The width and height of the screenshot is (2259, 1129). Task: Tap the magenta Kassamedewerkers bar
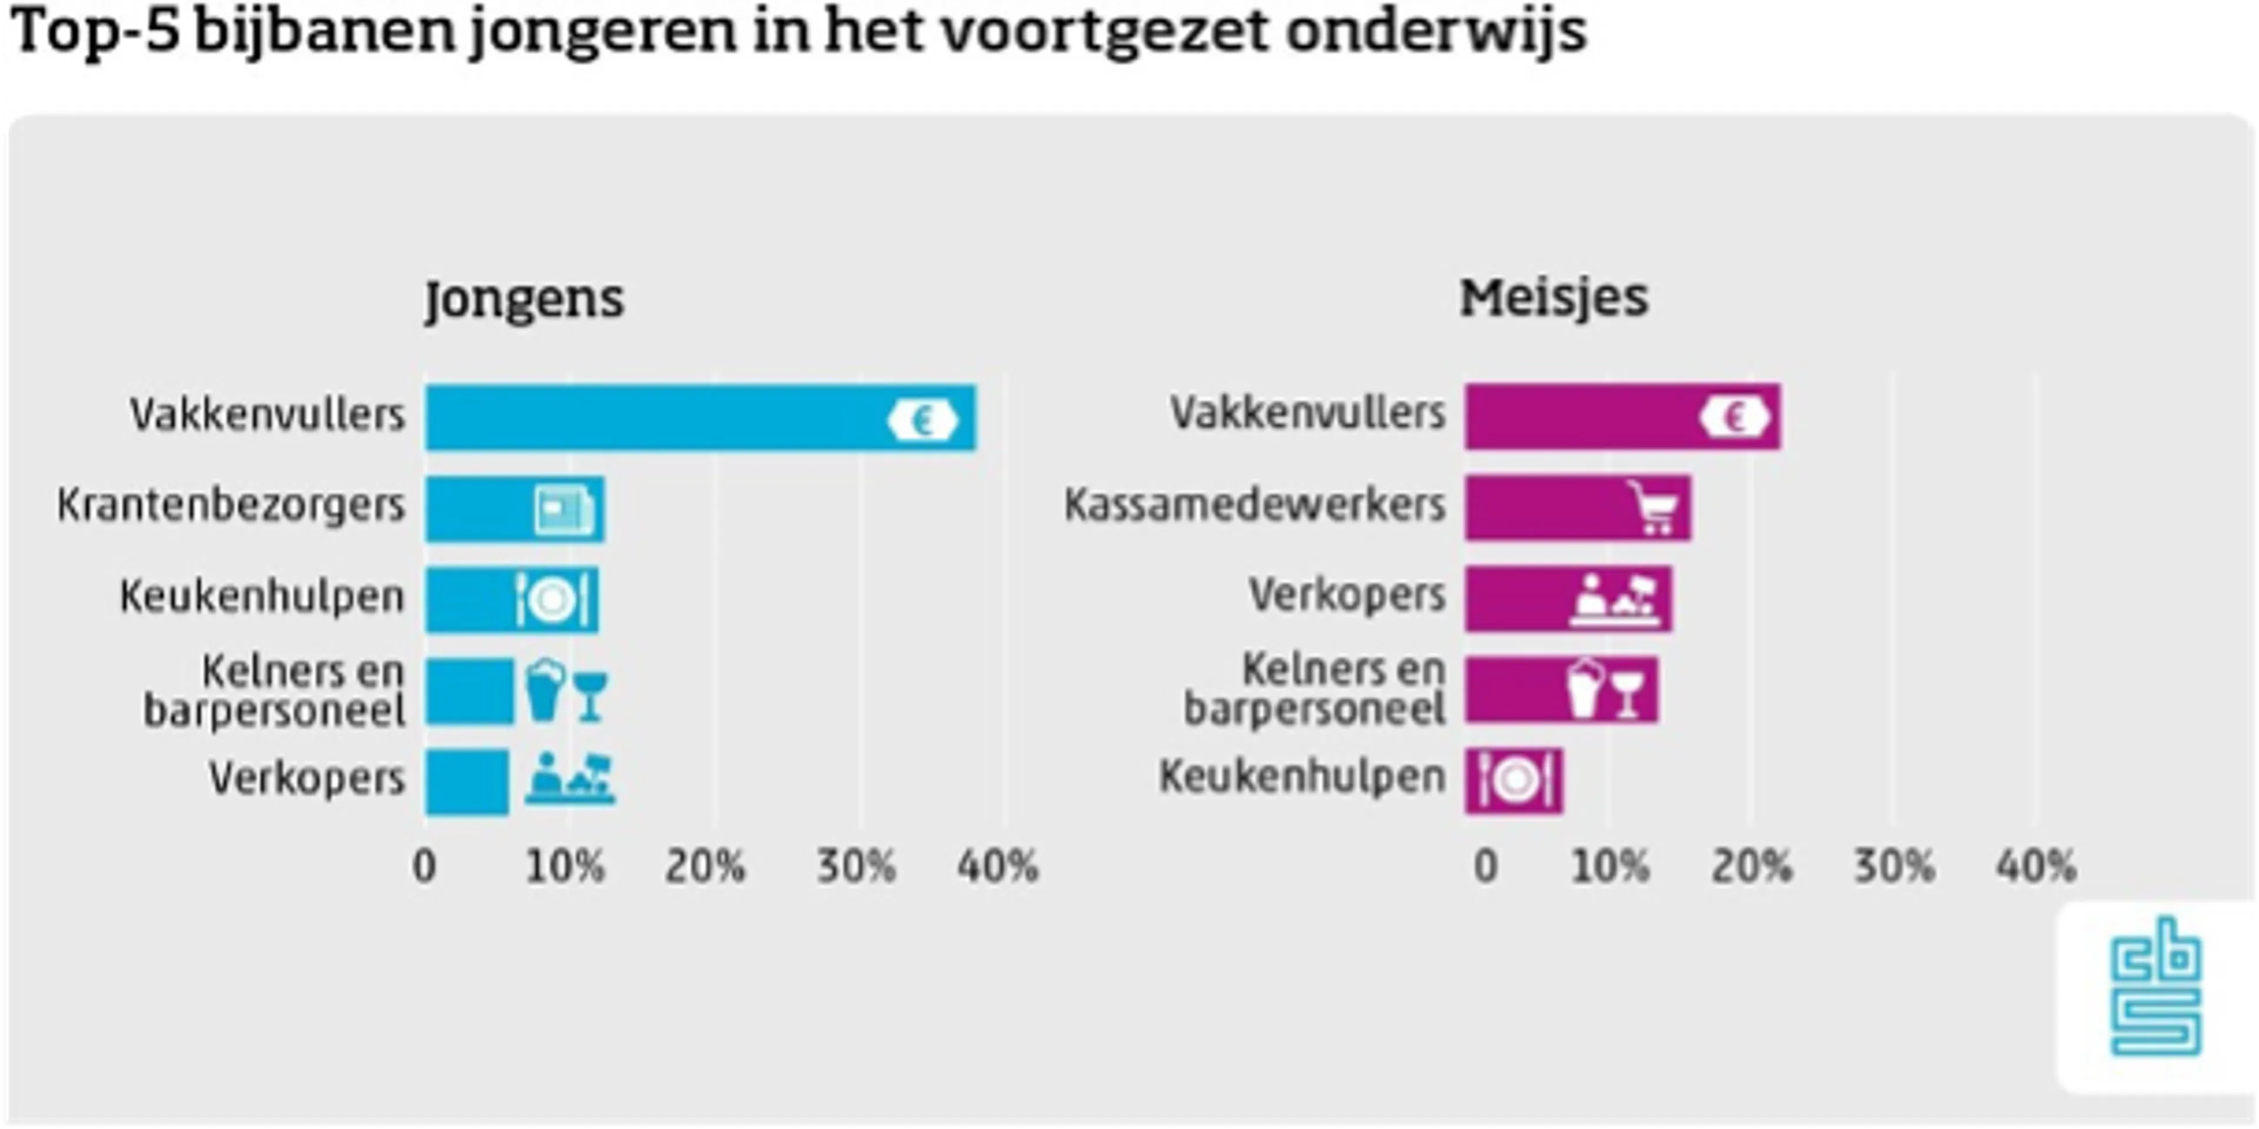[1544, 507]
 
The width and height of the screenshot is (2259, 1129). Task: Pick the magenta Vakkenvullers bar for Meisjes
[1578, 416]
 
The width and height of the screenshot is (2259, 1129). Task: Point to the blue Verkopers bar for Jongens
[467, 781]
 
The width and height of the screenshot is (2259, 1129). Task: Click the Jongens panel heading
[524, 300]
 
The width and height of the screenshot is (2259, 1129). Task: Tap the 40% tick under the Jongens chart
[998, 867]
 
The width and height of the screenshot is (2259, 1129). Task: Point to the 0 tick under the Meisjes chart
[1485, 867]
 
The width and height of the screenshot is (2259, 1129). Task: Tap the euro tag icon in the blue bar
[922, 421]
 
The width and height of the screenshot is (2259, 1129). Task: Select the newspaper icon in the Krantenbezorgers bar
[564, 510]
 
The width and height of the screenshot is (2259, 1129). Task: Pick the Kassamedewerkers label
[1254, 506]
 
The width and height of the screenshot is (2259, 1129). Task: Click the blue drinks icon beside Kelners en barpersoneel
[565, 691]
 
